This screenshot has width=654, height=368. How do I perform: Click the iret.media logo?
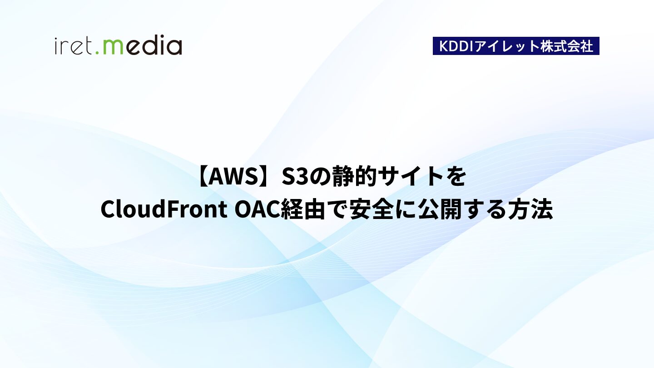[118, 45]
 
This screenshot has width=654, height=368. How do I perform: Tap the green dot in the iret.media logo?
[98, 53]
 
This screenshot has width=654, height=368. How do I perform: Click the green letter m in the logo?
[113, 47]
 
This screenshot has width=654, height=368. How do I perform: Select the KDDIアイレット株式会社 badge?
[516, 46]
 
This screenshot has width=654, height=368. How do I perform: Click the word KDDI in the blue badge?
[456, 46]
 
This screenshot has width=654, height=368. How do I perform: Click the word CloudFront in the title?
[164, 209]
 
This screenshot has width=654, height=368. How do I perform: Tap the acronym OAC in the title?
[257, 209]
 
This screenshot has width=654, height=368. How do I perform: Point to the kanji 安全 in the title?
[371, 209]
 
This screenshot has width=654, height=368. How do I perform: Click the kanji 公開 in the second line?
[439, 209]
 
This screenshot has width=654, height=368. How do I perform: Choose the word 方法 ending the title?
[530, 209]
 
